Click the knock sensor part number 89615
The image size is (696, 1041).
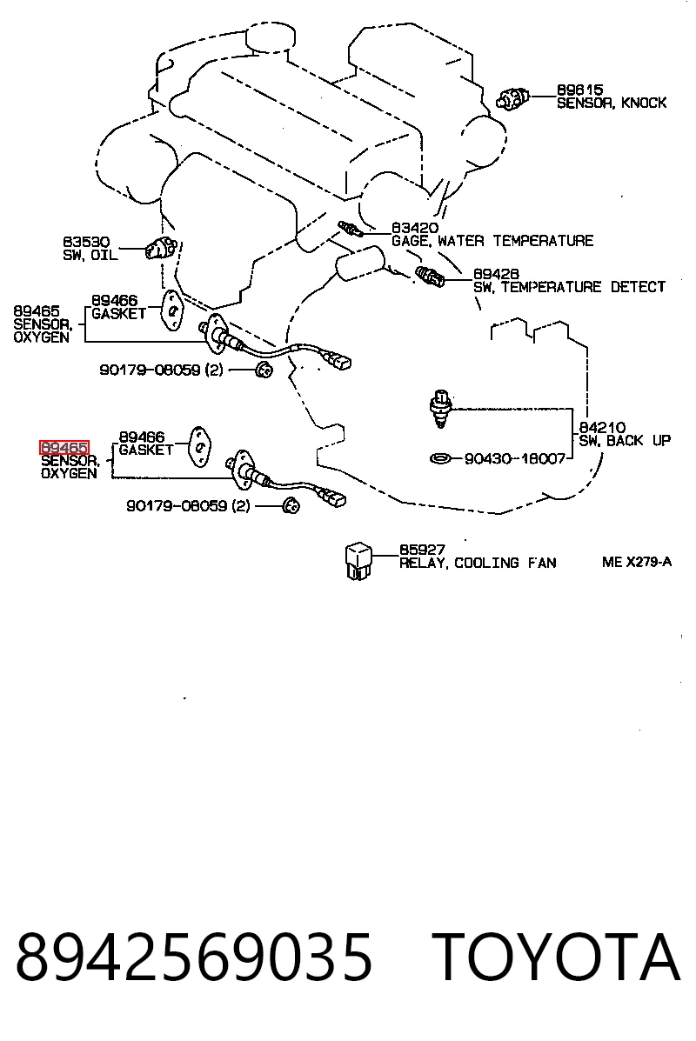[x=579, y=90]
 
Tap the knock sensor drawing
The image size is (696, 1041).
[x=512, y=100]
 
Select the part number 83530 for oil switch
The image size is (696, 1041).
[x=86, y=243]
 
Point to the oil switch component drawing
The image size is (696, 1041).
[x=160, y=248]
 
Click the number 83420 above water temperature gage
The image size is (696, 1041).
[x=414, y=228]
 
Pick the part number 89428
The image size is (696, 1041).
[x=496, y=274]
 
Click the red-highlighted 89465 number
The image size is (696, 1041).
[x=64, y=448]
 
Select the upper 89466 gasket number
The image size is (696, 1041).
[x=114, y=301]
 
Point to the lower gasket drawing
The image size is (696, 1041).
[x=198, y=446]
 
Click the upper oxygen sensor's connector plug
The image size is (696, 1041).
[x=338, y=361]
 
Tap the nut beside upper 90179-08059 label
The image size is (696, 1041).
[x=264, y=370]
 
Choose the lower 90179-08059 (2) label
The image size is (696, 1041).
[x=189, y=506]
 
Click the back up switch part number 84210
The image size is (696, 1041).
[x=602, y=428]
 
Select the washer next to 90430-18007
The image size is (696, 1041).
[x=440, y=458]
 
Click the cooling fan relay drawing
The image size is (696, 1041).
[x=358, y=562]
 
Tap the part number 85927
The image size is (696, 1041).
[x=422, y=550]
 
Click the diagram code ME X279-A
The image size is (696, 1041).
[x=637, y=562]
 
